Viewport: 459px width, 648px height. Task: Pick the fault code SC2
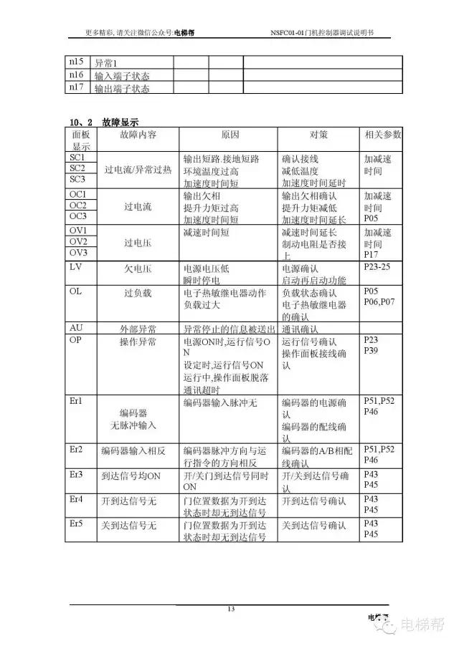click(77, 168)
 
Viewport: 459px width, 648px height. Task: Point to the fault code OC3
click(77, 216)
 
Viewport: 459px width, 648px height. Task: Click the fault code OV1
click(77, 231)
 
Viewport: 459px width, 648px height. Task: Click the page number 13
click(230, 609)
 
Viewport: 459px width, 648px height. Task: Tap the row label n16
click(75, 75)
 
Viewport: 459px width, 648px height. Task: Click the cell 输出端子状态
click(122, 88)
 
